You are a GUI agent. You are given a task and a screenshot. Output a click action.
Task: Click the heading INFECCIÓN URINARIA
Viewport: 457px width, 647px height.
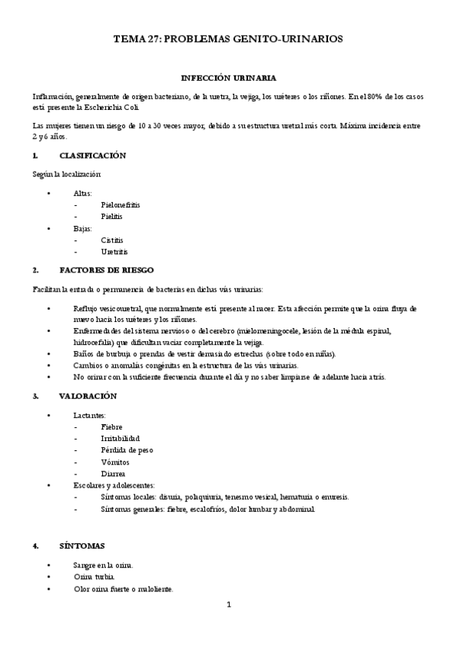coord(228,78)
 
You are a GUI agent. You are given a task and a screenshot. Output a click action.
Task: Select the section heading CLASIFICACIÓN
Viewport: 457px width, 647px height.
coord(92,156)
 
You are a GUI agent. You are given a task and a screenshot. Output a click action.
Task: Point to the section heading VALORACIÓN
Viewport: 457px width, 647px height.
coord(88,396)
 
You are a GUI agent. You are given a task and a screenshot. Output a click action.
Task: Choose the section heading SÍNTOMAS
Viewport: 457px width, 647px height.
coord(82,546)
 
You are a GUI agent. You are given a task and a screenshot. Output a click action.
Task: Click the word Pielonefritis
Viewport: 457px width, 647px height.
coord(120,205)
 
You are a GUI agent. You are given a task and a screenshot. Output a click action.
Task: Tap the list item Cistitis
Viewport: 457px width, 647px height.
coord(111,240)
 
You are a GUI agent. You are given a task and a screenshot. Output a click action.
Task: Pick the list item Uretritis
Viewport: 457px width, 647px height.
coord(114,251)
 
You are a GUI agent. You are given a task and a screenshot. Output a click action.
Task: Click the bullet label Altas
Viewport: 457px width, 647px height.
coord(82,194)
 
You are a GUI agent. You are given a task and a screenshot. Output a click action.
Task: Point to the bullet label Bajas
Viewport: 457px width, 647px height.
coord(82,228)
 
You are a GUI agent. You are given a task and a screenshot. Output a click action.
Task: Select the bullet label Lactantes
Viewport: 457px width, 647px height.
coord(90,415)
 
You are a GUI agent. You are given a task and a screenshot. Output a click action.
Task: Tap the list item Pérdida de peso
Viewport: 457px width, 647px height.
coord(126,450)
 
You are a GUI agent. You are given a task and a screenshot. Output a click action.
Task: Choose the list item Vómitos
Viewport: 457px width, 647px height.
coord(114,462)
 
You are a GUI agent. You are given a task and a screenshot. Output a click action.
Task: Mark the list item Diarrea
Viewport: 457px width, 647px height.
coord(113,473)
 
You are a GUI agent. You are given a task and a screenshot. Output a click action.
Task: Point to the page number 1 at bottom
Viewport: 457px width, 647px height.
coord(228,605)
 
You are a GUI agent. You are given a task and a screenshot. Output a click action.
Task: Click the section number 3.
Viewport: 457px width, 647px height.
coord(35,396)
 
